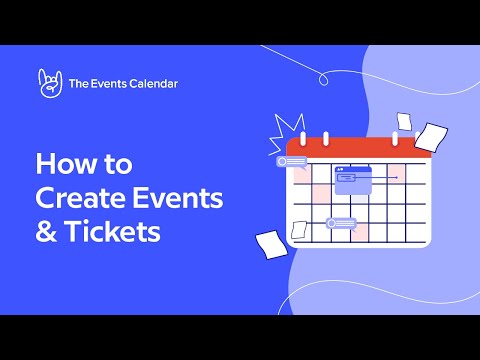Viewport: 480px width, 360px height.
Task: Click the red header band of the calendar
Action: (x=360, y=149)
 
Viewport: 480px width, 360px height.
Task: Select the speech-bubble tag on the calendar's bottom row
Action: (x=341, y=223)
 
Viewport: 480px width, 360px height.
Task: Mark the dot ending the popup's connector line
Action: (x=398, y=178)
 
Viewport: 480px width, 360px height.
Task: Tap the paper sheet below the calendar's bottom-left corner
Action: (x=270, y=243)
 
